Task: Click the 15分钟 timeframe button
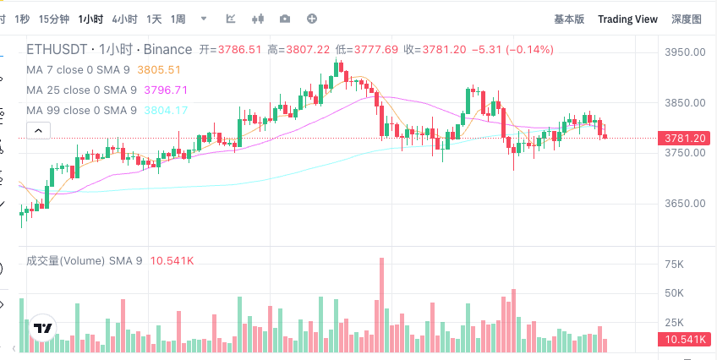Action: [x=54, y=19]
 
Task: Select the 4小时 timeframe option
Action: [x=124, y=19]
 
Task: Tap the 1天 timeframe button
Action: [x=154, y=19]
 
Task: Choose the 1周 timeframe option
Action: [x=178, y=19]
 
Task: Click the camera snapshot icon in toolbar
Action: [x=285, y=19]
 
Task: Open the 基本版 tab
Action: [x=568, y=19]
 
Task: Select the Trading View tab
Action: [x=627, y=19]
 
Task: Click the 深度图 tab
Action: [x=686, y=19]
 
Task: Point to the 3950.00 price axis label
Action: [x=684, y=52]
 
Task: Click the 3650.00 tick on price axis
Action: [x=684, y=204]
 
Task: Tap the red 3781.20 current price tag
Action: [x=685, y=138]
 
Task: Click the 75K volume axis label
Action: [x=674, y=265]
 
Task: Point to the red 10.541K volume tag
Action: [x=685, y=341]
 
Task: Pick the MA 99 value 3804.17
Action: [x=166, y=110]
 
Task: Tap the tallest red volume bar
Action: [x=382, y=304]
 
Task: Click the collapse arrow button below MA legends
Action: [x=39, y=130]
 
